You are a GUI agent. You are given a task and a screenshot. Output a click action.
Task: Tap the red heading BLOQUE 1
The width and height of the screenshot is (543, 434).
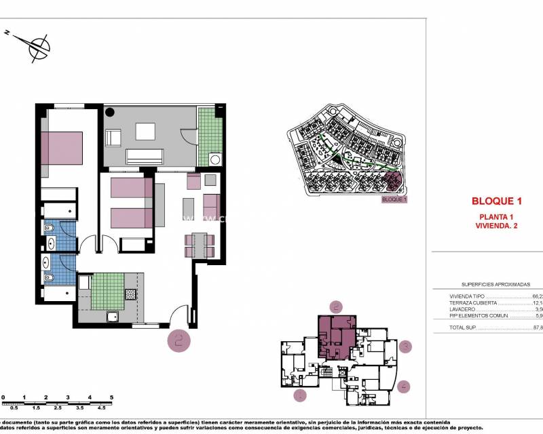pyautogui.click(x=496, y=201)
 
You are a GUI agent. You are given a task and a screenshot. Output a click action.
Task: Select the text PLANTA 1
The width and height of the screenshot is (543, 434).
pyautogui.click(x=496, y=216)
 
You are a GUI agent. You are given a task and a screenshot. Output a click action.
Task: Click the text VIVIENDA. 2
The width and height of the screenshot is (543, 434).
pyautogui.click(x=496, y=225)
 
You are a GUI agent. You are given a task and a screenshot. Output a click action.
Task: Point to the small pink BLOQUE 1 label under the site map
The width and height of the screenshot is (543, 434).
pyautogui.click(x=394, y=200)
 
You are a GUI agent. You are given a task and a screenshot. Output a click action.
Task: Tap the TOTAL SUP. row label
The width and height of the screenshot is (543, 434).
pyautogui.click(x=464, y=328)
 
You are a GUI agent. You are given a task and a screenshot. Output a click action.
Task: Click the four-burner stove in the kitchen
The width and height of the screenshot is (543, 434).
pyautogui.click(x=130, y=294)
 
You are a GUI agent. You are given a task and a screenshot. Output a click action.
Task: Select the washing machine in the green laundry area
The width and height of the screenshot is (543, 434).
pyautogui.click(x=216, y=160)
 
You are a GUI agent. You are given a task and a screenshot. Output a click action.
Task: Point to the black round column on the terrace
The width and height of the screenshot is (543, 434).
pyautogui.click(x=110, y=112)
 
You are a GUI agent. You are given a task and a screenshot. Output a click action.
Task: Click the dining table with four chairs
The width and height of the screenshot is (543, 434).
pyautogui.click(x=199, y=244)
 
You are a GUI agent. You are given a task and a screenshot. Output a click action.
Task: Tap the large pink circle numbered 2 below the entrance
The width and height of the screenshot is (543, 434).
pyautogui.click(x=179, y=341)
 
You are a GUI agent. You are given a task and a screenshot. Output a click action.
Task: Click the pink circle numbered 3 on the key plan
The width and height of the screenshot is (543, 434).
pyautogui.click(x=405, y=347)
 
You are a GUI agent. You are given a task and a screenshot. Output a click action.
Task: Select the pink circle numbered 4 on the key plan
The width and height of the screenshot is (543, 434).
pyautogui.click(x=405, y=387)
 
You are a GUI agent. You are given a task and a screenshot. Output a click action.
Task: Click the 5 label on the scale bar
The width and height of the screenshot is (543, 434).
pyautogui.click(x=111, y=397)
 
